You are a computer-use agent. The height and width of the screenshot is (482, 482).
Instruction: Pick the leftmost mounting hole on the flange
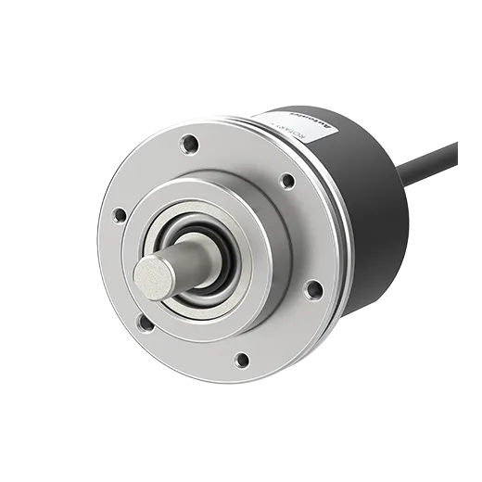click(119, 215)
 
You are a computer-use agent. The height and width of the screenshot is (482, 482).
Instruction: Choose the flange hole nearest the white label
click(286, 180)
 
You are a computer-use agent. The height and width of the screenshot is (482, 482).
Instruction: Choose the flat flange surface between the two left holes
click(120, 269)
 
